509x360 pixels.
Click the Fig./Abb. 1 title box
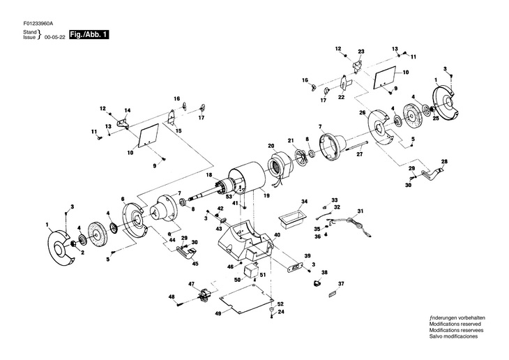(89, 35)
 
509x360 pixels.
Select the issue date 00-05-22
(56, 38)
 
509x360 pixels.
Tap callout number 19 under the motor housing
(267, 195)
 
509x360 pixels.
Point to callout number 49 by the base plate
(218, 313)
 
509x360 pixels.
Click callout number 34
(304, 202)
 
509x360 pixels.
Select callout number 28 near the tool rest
(444, 161)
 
